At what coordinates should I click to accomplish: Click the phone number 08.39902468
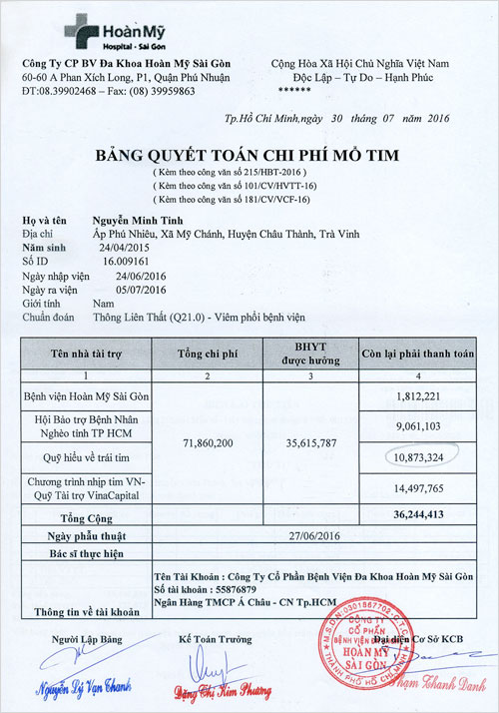point(69,90)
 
